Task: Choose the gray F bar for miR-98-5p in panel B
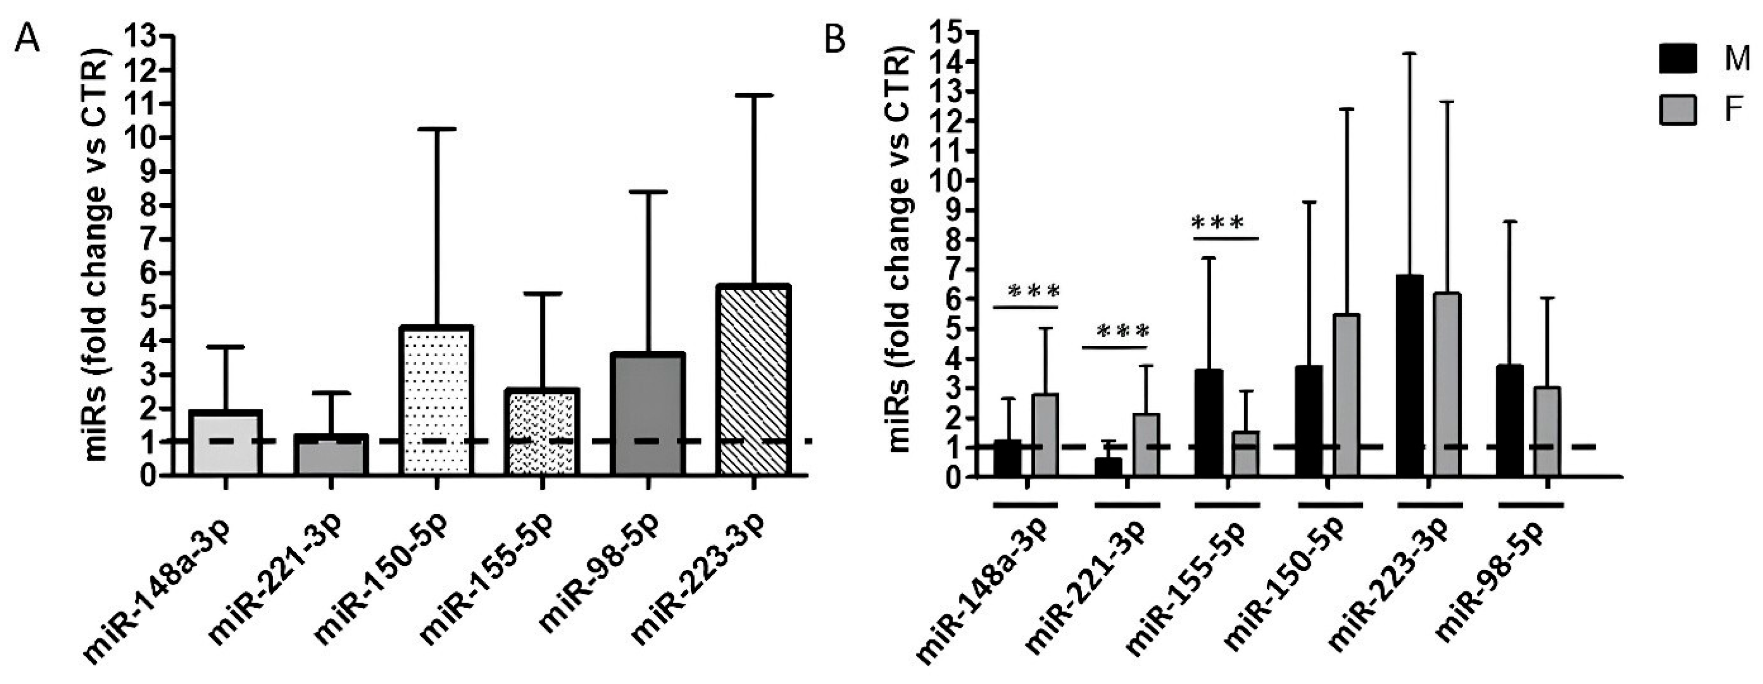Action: click(1547, 431)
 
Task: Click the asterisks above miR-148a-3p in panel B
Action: click(1034, 291)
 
